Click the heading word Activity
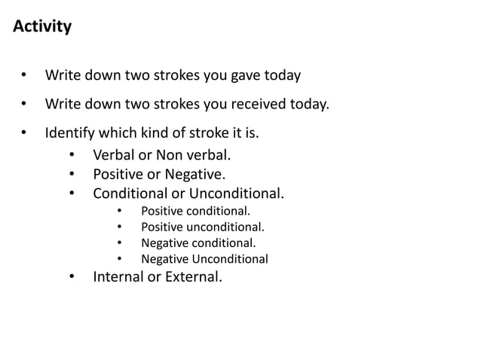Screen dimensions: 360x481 [x=42, y=26]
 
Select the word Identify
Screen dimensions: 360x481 [x=69, y=133]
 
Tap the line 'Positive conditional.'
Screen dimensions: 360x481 [x=195, y=211]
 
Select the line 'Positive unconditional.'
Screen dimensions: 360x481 [x=203, y=227]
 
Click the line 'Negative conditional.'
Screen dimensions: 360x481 [x=198, y=243]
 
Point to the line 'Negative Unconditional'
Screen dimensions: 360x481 [x=204, y=259]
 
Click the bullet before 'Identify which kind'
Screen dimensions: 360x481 [x=25, y=134]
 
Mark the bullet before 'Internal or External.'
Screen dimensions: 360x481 [x=72, y=277]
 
